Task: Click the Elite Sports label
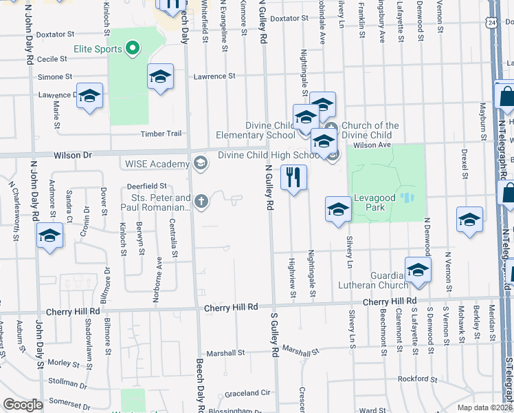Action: [98, 50]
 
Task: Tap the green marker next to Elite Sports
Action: [133, 49]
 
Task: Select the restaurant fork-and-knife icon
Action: [293, 177]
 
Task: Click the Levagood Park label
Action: [375, 198]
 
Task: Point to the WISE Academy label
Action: [157, 164]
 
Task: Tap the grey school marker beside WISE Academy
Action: [201, 163]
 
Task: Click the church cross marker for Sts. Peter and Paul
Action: [201, 202]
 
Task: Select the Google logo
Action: [22, 405]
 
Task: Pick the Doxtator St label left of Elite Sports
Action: [55, 34]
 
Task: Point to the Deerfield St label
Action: [146, 186]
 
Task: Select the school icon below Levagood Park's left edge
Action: [338, 210]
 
